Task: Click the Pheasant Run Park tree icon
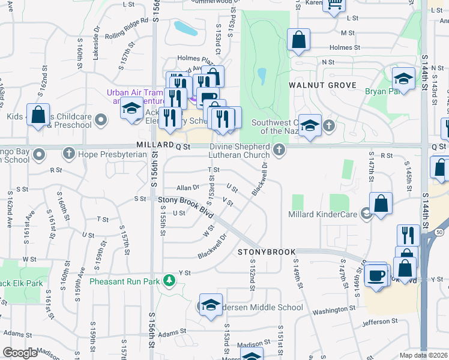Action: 169,280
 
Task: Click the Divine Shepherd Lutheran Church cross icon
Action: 278,149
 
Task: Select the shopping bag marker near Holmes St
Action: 298,40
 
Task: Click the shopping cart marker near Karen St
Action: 334,4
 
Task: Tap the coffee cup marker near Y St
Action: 376,275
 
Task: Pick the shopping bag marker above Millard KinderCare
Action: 381,204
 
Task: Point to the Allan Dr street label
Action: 187,188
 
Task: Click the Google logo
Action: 20,353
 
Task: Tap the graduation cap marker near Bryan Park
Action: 403,79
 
